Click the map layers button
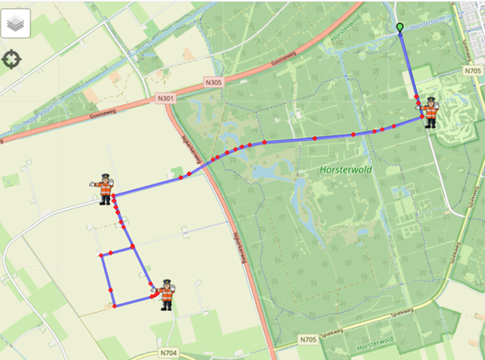click(15, 24)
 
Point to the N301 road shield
click(166, 99)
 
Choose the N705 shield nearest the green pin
click(472, 71)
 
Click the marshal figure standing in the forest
click(430, 112)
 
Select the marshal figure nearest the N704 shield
click(166, 294)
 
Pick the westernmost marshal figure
click(104, 189)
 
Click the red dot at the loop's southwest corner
click(114, 305)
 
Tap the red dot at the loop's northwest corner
click(101, 256)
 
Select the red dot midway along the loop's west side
click(110, 289)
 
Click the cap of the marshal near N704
click(166, 283)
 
